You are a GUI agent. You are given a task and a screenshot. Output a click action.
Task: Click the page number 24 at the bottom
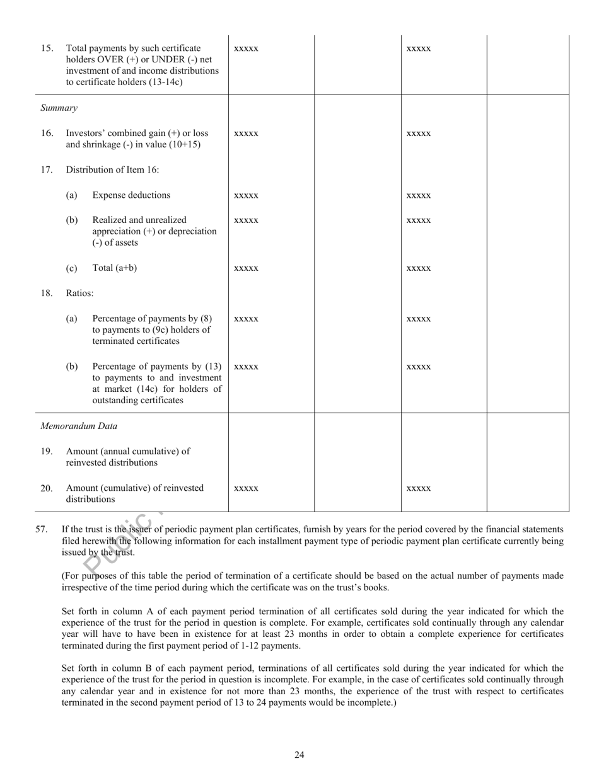click(299, 755)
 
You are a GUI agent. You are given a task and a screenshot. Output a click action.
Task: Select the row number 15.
click(47, 49)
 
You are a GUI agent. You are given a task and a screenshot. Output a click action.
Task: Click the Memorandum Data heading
click(79, 426)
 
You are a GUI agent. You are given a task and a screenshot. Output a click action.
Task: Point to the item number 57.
click(42, 529)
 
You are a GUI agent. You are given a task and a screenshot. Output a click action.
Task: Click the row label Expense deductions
click(131, 195)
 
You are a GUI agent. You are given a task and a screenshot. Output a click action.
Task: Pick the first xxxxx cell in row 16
click(246, 134)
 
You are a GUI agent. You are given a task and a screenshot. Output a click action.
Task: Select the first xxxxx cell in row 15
click(246, 49)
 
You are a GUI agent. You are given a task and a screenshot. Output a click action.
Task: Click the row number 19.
click(47, 451)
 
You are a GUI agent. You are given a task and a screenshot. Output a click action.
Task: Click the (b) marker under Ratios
click(72, 367)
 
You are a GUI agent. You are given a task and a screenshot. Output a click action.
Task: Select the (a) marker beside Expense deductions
click(72, 195)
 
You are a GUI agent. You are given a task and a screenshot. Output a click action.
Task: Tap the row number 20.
click(47, 488)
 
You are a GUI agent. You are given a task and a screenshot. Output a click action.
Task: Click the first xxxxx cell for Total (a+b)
click(246, 268)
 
